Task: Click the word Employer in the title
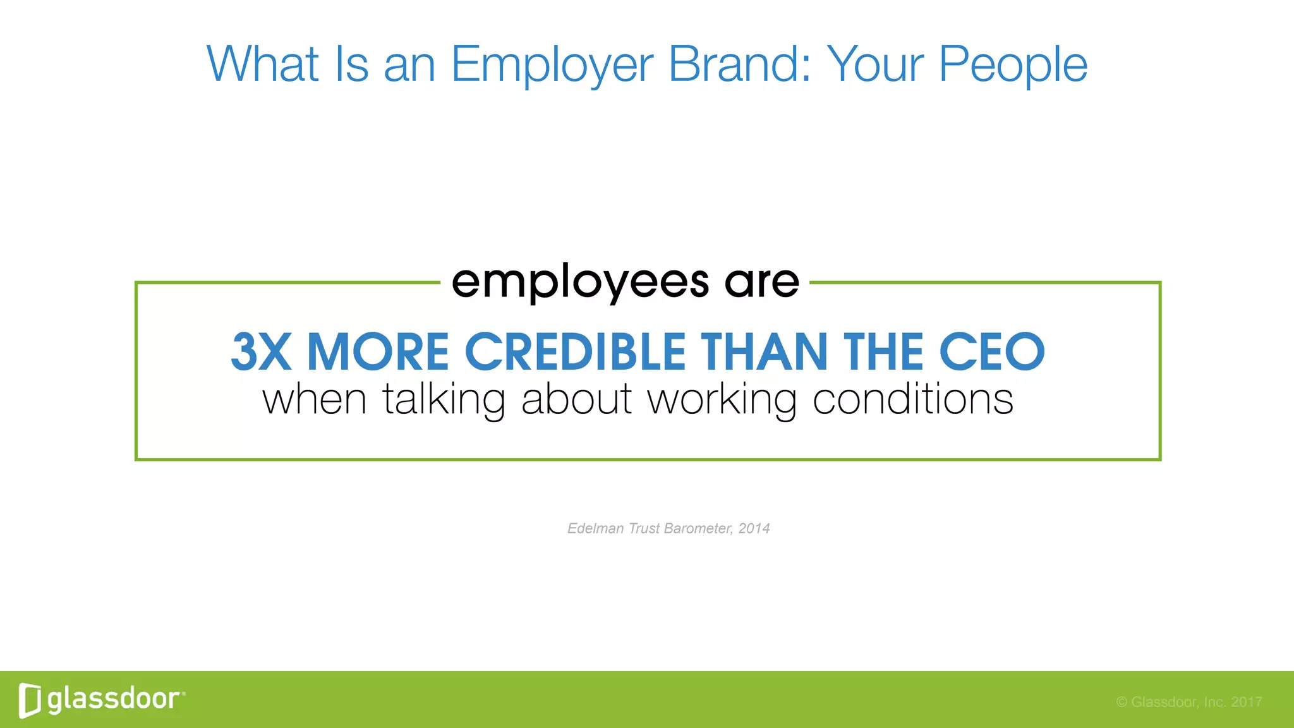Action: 552,65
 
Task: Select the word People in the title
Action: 1013,65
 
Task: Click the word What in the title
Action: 262,64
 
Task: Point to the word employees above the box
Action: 580,282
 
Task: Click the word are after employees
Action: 761,282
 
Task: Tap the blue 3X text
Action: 261,352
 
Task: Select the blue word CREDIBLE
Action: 575,352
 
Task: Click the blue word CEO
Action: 991,352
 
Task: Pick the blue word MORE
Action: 377,352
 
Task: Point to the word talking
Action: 444,401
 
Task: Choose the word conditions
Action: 912,399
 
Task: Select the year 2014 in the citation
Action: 754,528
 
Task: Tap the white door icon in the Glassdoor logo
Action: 30,700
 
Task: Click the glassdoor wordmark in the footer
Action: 114,699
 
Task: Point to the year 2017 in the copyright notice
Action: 1246,702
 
